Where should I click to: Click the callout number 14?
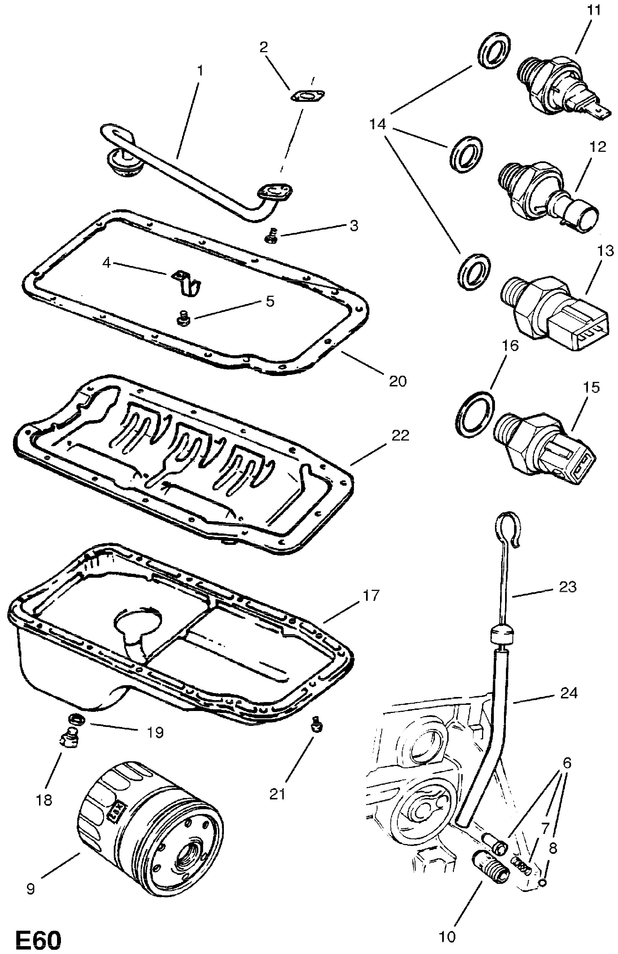click(x=378, y=125)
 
